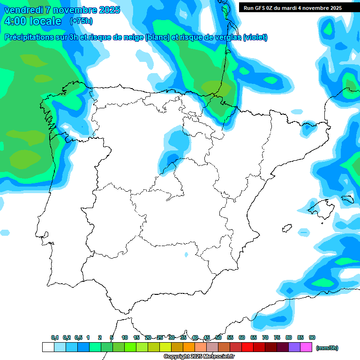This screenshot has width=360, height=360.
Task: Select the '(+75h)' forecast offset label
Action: pyautogui.click(x=81, y=21)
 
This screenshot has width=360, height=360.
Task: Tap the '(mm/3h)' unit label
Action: pyautogui.click(x=327, y=348)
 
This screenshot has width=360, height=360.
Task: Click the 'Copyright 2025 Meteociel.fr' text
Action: pyautogui.click(x=199, y=357)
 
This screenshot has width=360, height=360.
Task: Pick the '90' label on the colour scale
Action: pyautogui.click(x=312, y=337)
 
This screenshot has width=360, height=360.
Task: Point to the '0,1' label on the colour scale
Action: pyautogui.click(x=55, y=337)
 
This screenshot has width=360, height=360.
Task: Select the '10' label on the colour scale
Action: pyautogui.click(x=125, y=337)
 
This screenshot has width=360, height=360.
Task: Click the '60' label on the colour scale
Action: pyautogui.click(x=242, y=337)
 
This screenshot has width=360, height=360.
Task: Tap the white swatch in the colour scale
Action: pyautogui.click(x=48, y=347)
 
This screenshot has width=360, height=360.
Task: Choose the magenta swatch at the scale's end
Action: pyautogui.click(x=306, y=347)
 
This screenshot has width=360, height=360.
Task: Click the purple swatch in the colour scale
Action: pyautogui.click(x=294, y=347)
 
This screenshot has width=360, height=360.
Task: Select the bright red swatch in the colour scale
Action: pyautogui.click(x=247, y=347)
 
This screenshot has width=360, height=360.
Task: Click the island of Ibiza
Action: pyautogui.click(x=287, y=228)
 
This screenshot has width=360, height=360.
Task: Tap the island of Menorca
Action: pyautogui.click(x=347, y=199)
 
